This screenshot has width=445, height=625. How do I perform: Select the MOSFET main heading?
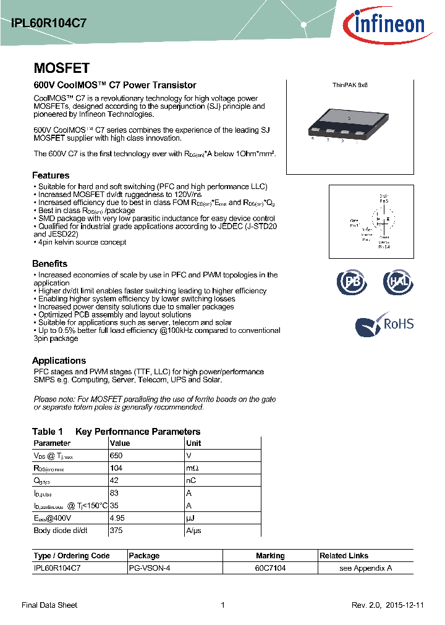(x=61, y=68)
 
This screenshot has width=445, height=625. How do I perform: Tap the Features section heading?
(x=51, y=175)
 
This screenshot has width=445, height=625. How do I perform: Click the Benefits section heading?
(x=49, y=264)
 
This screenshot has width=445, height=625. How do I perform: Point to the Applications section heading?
(x=59, y=361)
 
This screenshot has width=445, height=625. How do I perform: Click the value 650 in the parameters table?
(x=116, y=456)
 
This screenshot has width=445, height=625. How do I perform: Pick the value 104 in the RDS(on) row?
(x=116, y=469)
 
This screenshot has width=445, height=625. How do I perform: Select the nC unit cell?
(x=190, y=481)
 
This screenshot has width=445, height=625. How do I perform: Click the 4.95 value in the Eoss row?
(x=117, y=518)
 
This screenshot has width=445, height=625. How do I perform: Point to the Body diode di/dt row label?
(x=61, y=531)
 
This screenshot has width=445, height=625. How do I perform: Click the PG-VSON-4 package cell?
(x=148, y=568)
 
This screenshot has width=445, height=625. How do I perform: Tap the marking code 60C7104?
(x=270, y=568)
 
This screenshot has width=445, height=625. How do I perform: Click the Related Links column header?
(x=344, y=556)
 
